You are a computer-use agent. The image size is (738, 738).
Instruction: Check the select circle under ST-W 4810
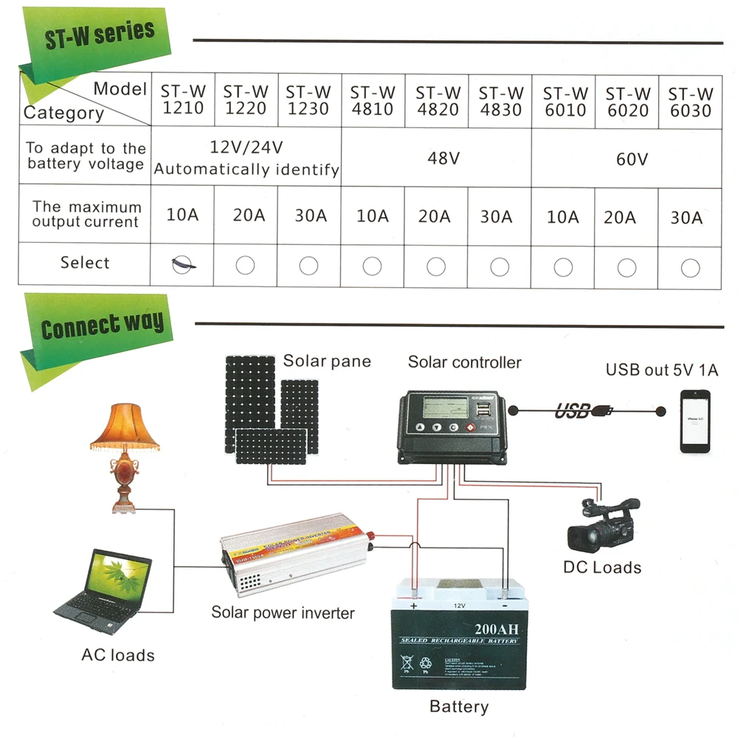pos(373,266)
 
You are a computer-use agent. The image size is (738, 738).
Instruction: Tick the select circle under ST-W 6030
pos(691,267)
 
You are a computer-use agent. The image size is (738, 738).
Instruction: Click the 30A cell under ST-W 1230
pos(310,216)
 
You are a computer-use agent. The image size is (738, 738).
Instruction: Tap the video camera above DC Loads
pos(601,524)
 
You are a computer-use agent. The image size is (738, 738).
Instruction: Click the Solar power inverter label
pos(283,613)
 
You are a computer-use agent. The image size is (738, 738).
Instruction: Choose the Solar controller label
pos(464,362)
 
